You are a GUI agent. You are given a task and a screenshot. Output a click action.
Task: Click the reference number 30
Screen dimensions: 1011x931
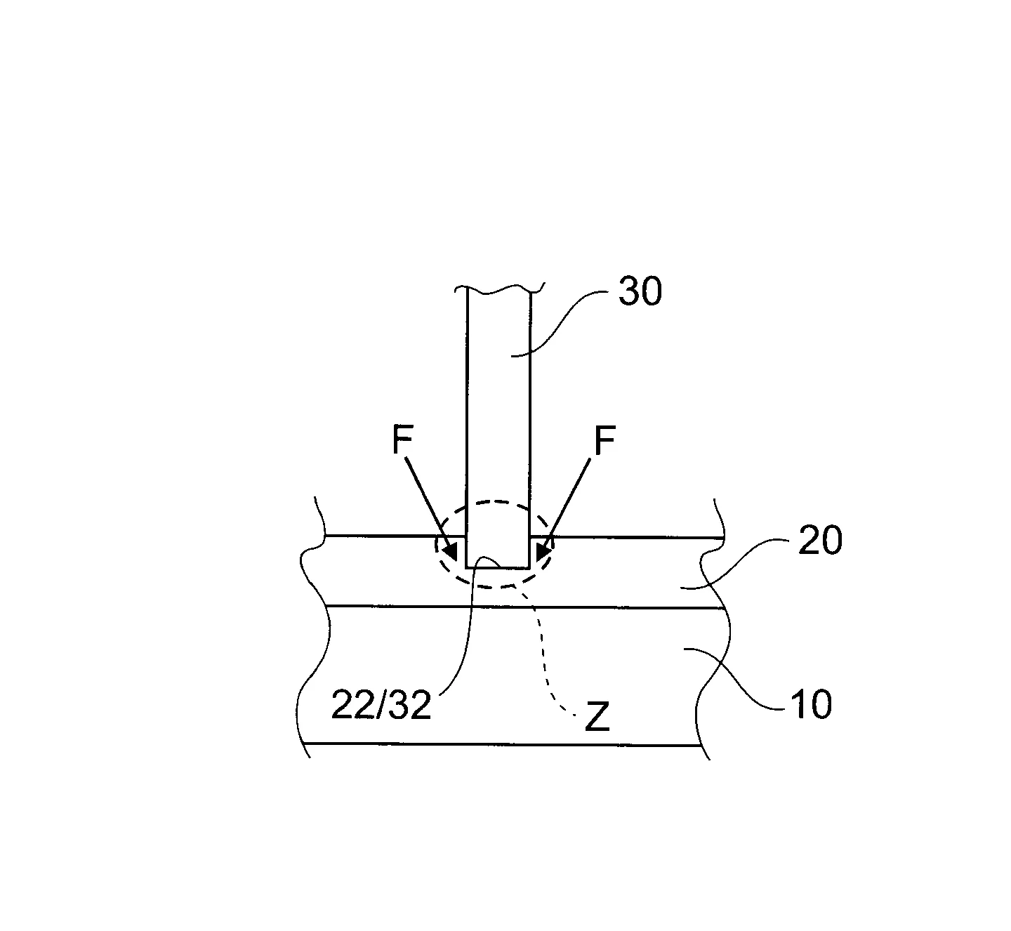640,291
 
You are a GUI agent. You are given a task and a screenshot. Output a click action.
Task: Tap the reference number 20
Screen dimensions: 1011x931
820,541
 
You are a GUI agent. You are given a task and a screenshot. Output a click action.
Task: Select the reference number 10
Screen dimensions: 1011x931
811,704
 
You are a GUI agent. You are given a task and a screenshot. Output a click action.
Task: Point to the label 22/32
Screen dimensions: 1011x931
381,705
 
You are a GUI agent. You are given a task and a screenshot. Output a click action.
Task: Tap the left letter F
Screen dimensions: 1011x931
403,440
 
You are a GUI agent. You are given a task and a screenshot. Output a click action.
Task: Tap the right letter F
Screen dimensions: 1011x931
604,440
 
